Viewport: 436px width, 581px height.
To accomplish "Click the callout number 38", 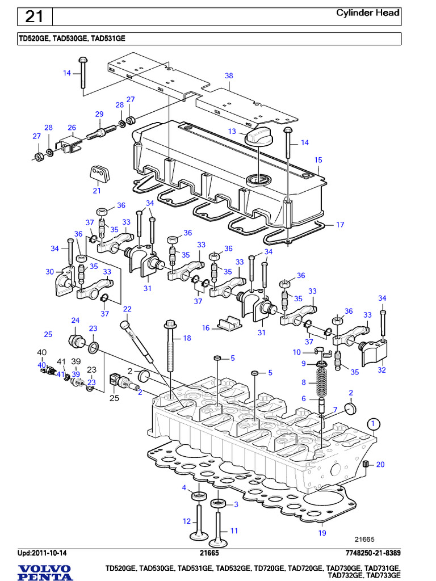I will pyautogui.click(x=229, y=75).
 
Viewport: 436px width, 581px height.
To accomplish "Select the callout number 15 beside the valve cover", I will pyautogui.click(x=318, y=160).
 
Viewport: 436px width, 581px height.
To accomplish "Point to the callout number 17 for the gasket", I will pyautogui.click(x=339, y=225).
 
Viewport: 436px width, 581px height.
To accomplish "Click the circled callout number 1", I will pyautogui.click(x=373, y=423).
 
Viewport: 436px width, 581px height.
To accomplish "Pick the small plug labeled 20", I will pyautogui.click(x=366, y=465).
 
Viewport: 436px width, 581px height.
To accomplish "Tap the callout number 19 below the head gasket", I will pyautogui.click(x=322, y=533).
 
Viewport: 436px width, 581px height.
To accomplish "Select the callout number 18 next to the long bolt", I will pyautogui.click(x=187, y=338).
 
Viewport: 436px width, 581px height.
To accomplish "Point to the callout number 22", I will pyautogui.click(x=127, y=309).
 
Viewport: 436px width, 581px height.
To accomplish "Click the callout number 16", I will pyautogui.click(x=206, y=327).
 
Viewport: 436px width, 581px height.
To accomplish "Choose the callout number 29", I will pyautogui.click(x=99, y=114).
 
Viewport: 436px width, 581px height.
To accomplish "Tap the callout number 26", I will pyautogui.click(x=72, y=128).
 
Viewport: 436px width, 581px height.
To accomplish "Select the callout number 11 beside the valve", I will pyautogui.click(x=233, y=531).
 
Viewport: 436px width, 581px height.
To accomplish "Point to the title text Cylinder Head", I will pyautogui.click(x=367, y=12).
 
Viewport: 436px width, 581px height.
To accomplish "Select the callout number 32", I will pyautogui.click(x=381, y=370).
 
